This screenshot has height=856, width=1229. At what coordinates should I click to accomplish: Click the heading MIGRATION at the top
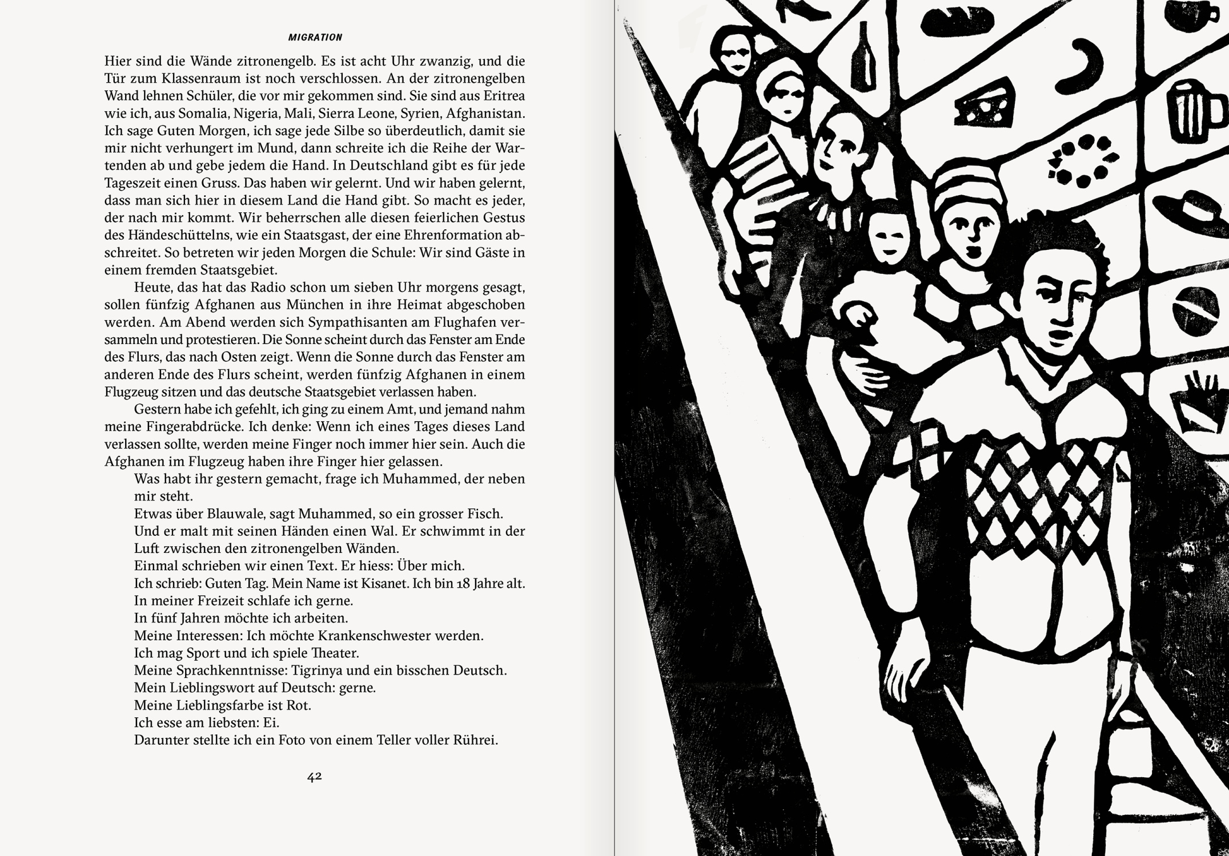click(x=315, y=38)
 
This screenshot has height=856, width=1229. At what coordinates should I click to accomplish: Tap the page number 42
click(x=315, y=776)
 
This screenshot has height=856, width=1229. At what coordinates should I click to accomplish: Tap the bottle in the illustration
click(x=862, y=55)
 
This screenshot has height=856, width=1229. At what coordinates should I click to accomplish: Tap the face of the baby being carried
click(x=886, y=237)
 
